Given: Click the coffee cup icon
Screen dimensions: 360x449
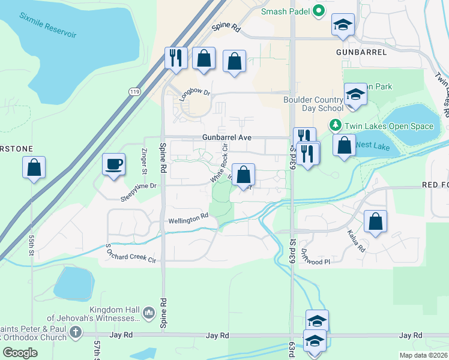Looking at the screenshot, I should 113,163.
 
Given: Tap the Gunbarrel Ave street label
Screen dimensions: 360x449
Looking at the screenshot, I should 227,137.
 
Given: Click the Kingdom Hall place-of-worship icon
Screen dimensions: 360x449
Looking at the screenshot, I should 149,312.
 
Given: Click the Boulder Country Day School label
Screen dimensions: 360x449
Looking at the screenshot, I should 313,104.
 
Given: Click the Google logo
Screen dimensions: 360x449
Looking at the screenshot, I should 20,353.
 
